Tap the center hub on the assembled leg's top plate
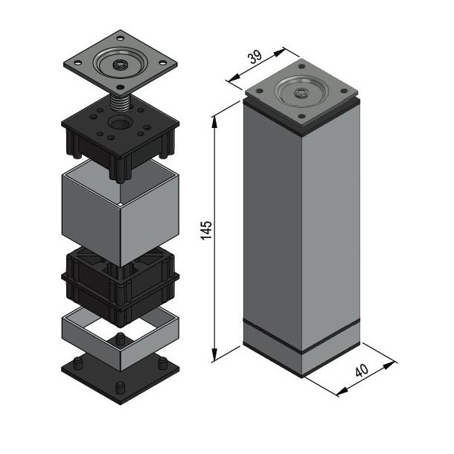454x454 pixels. [x=301, y=93]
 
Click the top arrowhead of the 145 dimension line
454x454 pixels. [x=217, y=118]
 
